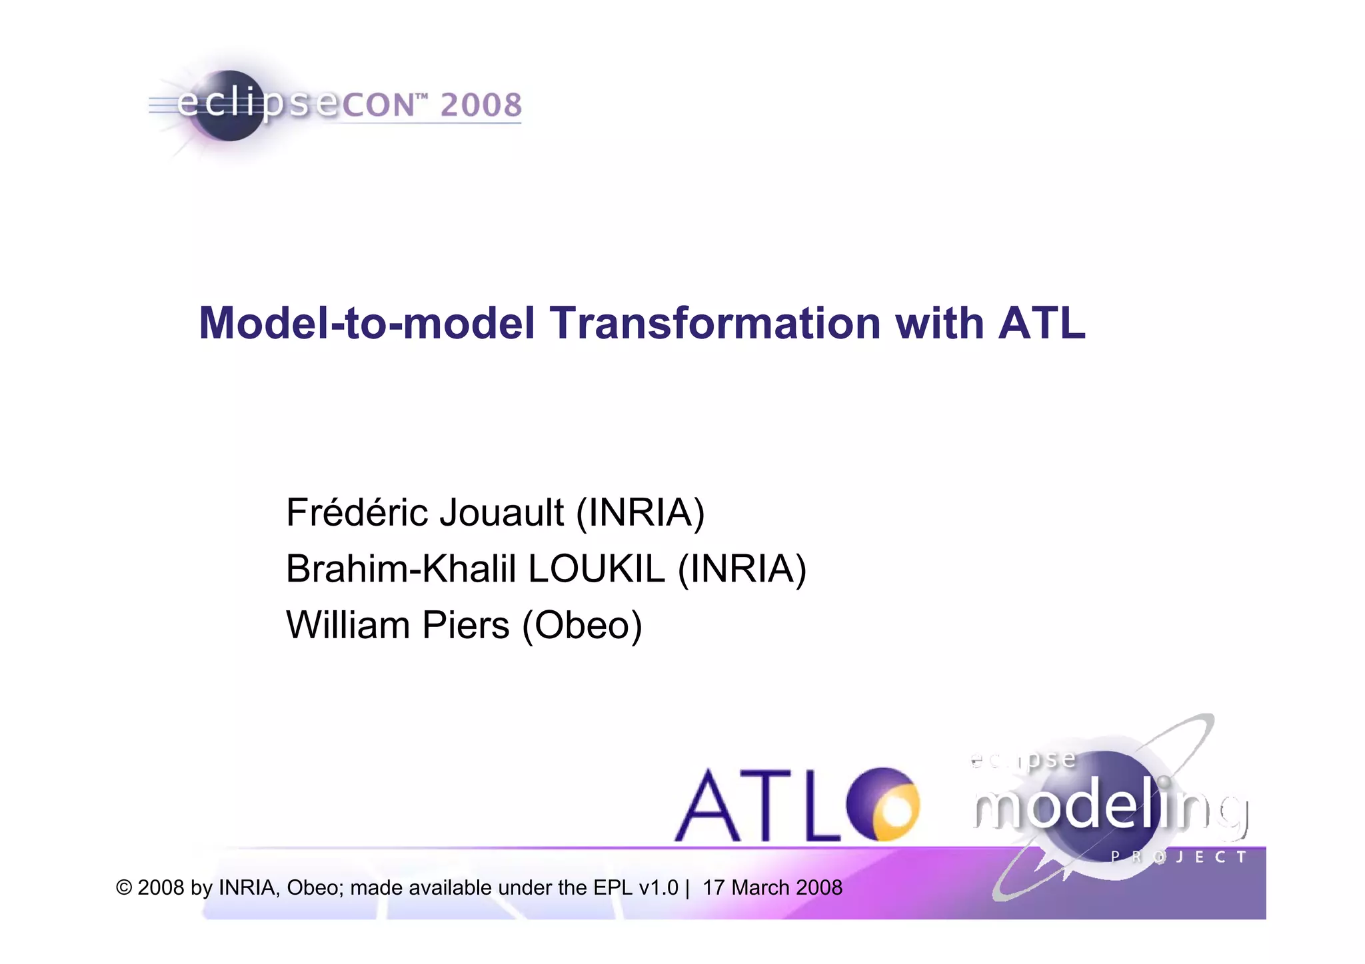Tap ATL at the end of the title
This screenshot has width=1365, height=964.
pos(1041,324)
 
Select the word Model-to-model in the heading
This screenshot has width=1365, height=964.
pos(367,324)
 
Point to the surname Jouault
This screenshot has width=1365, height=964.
pos(501,512)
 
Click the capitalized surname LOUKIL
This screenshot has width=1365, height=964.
pos(597,569)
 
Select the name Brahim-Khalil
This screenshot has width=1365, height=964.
pos(401,569)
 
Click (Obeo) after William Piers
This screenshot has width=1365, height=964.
pos(582,626)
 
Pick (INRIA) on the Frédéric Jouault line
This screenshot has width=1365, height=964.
pos(640,512)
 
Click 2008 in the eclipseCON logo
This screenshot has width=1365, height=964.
pos(481,105)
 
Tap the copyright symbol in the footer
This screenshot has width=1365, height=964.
pos(124,888)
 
